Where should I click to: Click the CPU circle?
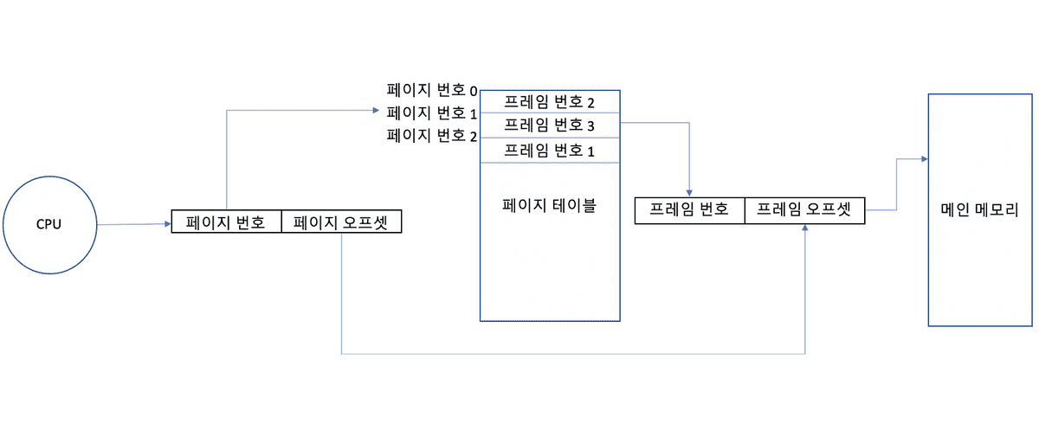[x=48, y=224]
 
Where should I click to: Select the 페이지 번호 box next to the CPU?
[x=226, y=222]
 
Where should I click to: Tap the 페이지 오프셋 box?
[x=341, y=222]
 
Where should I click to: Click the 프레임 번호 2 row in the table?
[x=550, y=102]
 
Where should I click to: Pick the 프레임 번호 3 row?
[x=550, y=125]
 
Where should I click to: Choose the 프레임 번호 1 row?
[x=550, y=150]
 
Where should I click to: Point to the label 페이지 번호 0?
[x=431, y=89]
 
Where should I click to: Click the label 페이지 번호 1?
[x=431, y=112]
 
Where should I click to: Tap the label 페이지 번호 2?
[x=431, y=136]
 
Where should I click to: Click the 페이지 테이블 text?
[x=549, y=207]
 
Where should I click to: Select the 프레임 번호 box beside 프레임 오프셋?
[x=689, y=210]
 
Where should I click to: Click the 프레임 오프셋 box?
[x=804, y=210]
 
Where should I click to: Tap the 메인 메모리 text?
[x=979, y=209]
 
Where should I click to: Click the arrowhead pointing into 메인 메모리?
[x=924, y=159]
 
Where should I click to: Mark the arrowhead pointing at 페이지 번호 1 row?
[x=375, y=110]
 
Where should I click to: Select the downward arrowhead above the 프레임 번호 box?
[x=689, y=192]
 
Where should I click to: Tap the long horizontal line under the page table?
[x=571, y=353]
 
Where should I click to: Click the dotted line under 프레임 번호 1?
[x=550, y=163]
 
